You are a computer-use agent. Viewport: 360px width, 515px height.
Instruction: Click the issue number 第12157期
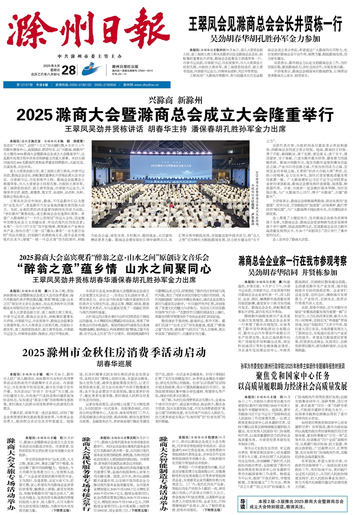[x=26, y=85]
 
